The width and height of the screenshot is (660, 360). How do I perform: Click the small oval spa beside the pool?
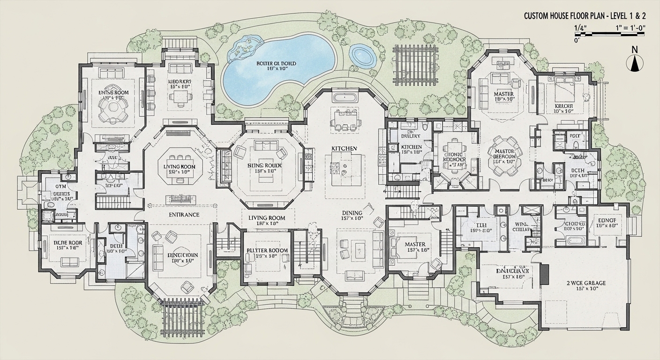pos(362,55)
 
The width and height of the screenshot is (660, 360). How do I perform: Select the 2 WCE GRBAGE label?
pos(585,283)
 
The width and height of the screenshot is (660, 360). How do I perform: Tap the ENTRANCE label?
pos(184,215)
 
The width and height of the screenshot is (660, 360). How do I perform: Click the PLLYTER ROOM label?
pos(267,251)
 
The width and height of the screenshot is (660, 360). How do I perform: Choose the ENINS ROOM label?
pos(113,93)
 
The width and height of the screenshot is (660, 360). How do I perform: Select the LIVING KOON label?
pos(179,166)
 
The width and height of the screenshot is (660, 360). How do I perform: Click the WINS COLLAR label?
pos(521,227)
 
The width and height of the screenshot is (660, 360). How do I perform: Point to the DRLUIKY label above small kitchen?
pos(410,136)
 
